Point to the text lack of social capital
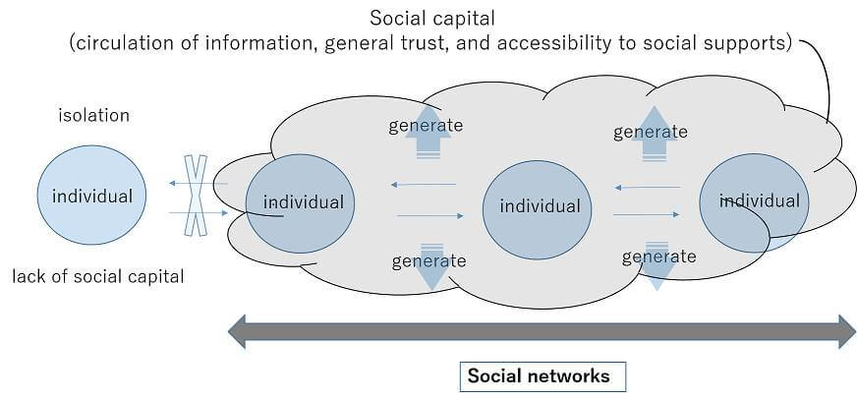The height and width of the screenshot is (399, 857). click(x=97, y=276)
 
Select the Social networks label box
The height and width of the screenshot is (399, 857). click(x=538, y=375)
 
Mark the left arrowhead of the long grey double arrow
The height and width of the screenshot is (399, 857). click(x=238, y=331)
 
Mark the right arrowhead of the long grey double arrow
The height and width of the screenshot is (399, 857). click(x=845, y=331)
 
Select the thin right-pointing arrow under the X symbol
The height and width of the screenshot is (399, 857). click(x=181, y=211)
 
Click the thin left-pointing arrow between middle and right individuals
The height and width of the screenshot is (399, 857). click(x=647, y=187)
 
